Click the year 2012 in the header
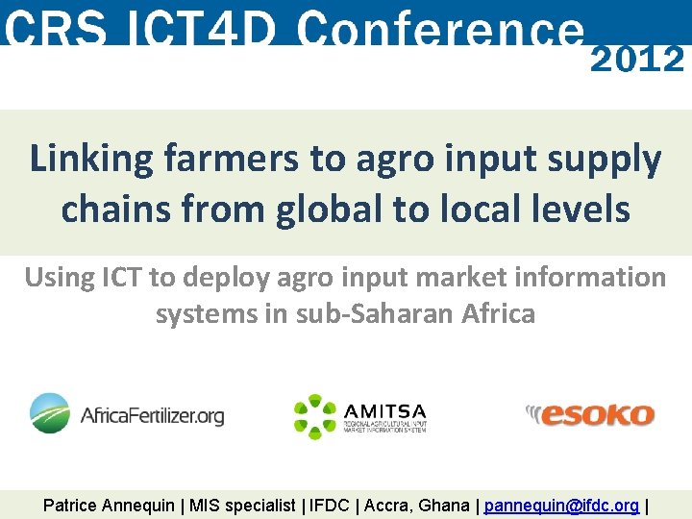[637, 60]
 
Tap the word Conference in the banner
[441, 29]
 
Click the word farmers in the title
[231, 158]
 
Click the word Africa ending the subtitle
[498, 313]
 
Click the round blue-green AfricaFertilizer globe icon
[50, 413]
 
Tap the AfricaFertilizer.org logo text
[152, 416]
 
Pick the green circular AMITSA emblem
[315, 416]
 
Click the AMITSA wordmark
[384, 411]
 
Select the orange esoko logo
[589, 415]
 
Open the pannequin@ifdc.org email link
[561, 506]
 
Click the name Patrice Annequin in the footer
[109, 506]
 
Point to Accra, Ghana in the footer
[416, 506]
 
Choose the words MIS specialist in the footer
[242, 506]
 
